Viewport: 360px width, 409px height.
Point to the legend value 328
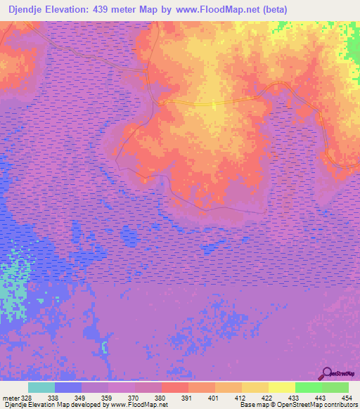pyautogui.click(x=27, y=397)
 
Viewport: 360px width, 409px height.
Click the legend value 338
pyautogui.click(x=53, y=397)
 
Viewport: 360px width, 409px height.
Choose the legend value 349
pyautogui.click(x=80, y=397)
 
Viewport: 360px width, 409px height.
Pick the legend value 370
pyautogui.click(x=134, y=397)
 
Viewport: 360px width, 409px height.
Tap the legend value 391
pyautogui.click(x=187, y=397)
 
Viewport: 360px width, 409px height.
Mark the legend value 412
pyautogui.click(x=240, y=397)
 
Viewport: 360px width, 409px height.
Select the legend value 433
pyautogui.click(x=294, y=397)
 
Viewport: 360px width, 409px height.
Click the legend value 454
pyautogui.click(x=347, y=397)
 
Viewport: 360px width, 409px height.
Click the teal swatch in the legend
pyautogui.click(x=41, y=387)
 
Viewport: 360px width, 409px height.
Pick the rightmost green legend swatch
pyautogui.click(x=335, y=387)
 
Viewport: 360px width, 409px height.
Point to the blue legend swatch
pyautogui.click(x=68, y=387)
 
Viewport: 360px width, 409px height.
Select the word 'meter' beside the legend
pyautogui.click(x=10, y=397)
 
